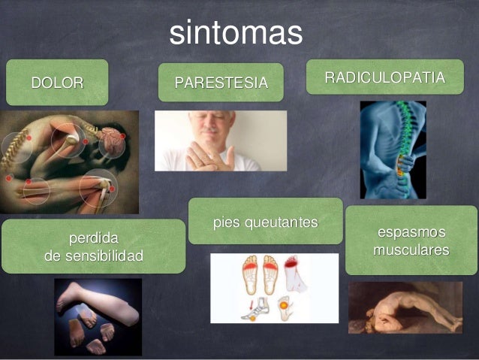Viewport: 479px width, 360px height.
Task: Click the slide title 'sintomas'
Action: pyautogui.click(x=235, y=32)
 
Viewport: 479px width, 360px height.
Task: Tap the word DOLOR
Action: pyautogui.click(x=56, y=82)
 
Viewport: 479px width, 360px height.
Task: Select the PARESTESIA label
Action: pyautogui.click(x=221, y=82)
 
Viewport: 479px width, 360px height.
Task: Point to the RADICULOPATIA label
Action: pyautogui.click(x=384, y=77)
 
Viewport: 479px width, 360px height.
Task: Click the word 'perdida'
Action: pyautogui.click(x=93, y=240)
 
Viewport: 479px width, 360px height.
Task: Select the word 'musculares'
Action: pyautogui.click(x=411, y=248)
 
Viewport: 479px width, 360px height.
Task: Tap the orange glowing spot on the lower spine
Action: pyautogui.click(x=401, y=172)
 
